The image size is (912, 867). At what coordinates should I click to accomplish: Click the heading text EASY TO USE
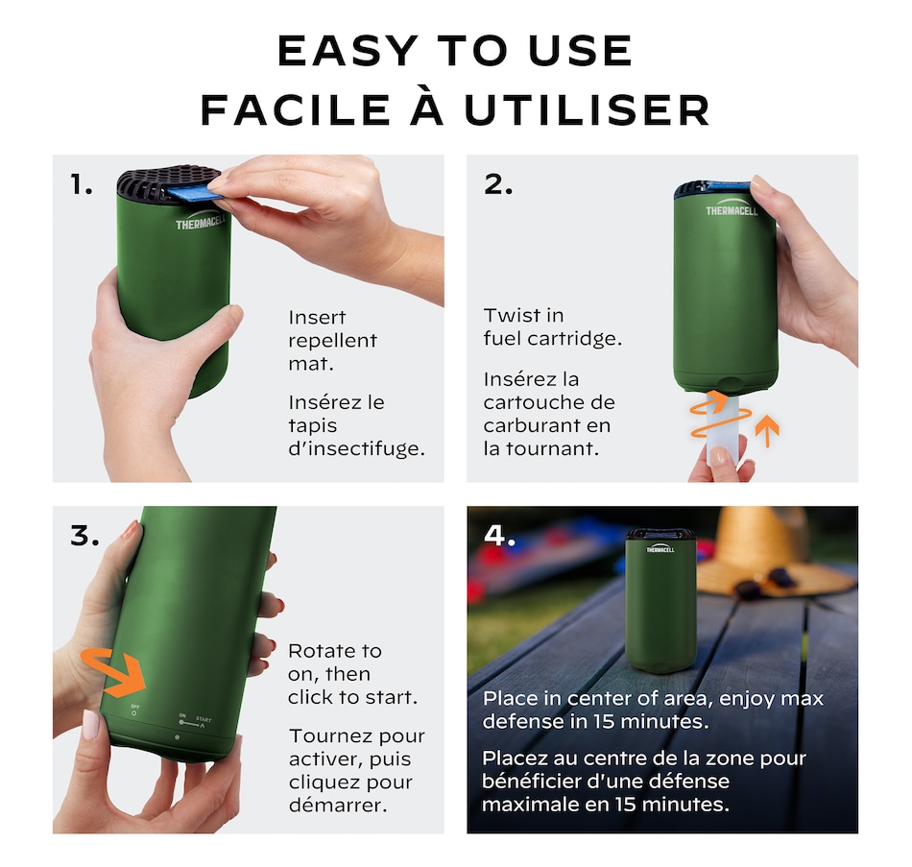click(455, 51)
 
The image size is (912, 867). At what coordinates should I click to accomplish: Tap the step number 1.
click(82, 185)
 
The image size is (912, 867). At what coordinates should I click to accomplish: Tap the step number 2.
click(498, 184)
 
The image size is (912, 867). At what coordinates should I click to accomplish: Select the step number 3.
click(84, 536)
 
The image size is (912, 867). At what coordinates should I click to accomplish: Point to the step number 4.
click(499, 536)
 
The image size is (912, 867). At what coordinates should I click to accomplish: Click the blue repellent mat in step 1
click(195, 193)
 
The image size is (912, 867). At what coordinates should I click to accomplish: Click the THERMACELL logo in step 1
click(201, 223)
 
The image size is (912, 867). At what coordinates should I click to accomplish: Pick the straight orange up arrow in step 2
click(767, 431)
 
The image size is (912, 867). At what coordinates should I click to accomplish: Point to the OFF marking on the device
click(135, 707)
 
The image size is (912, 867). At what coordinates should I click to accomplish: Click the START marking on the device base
click(204, 720)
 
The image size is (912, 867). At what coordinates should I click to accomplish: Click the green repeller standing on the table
click(660, 600)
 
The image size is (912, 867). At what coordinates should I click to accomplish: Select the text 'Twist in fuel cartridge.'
click(553, 327)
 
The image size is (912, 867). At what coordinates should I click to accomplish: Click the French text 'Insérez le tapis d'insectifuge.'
click(356, 425)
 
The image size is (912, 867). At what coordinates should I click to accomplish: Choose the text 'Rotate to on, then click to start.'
click(352, 674)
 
